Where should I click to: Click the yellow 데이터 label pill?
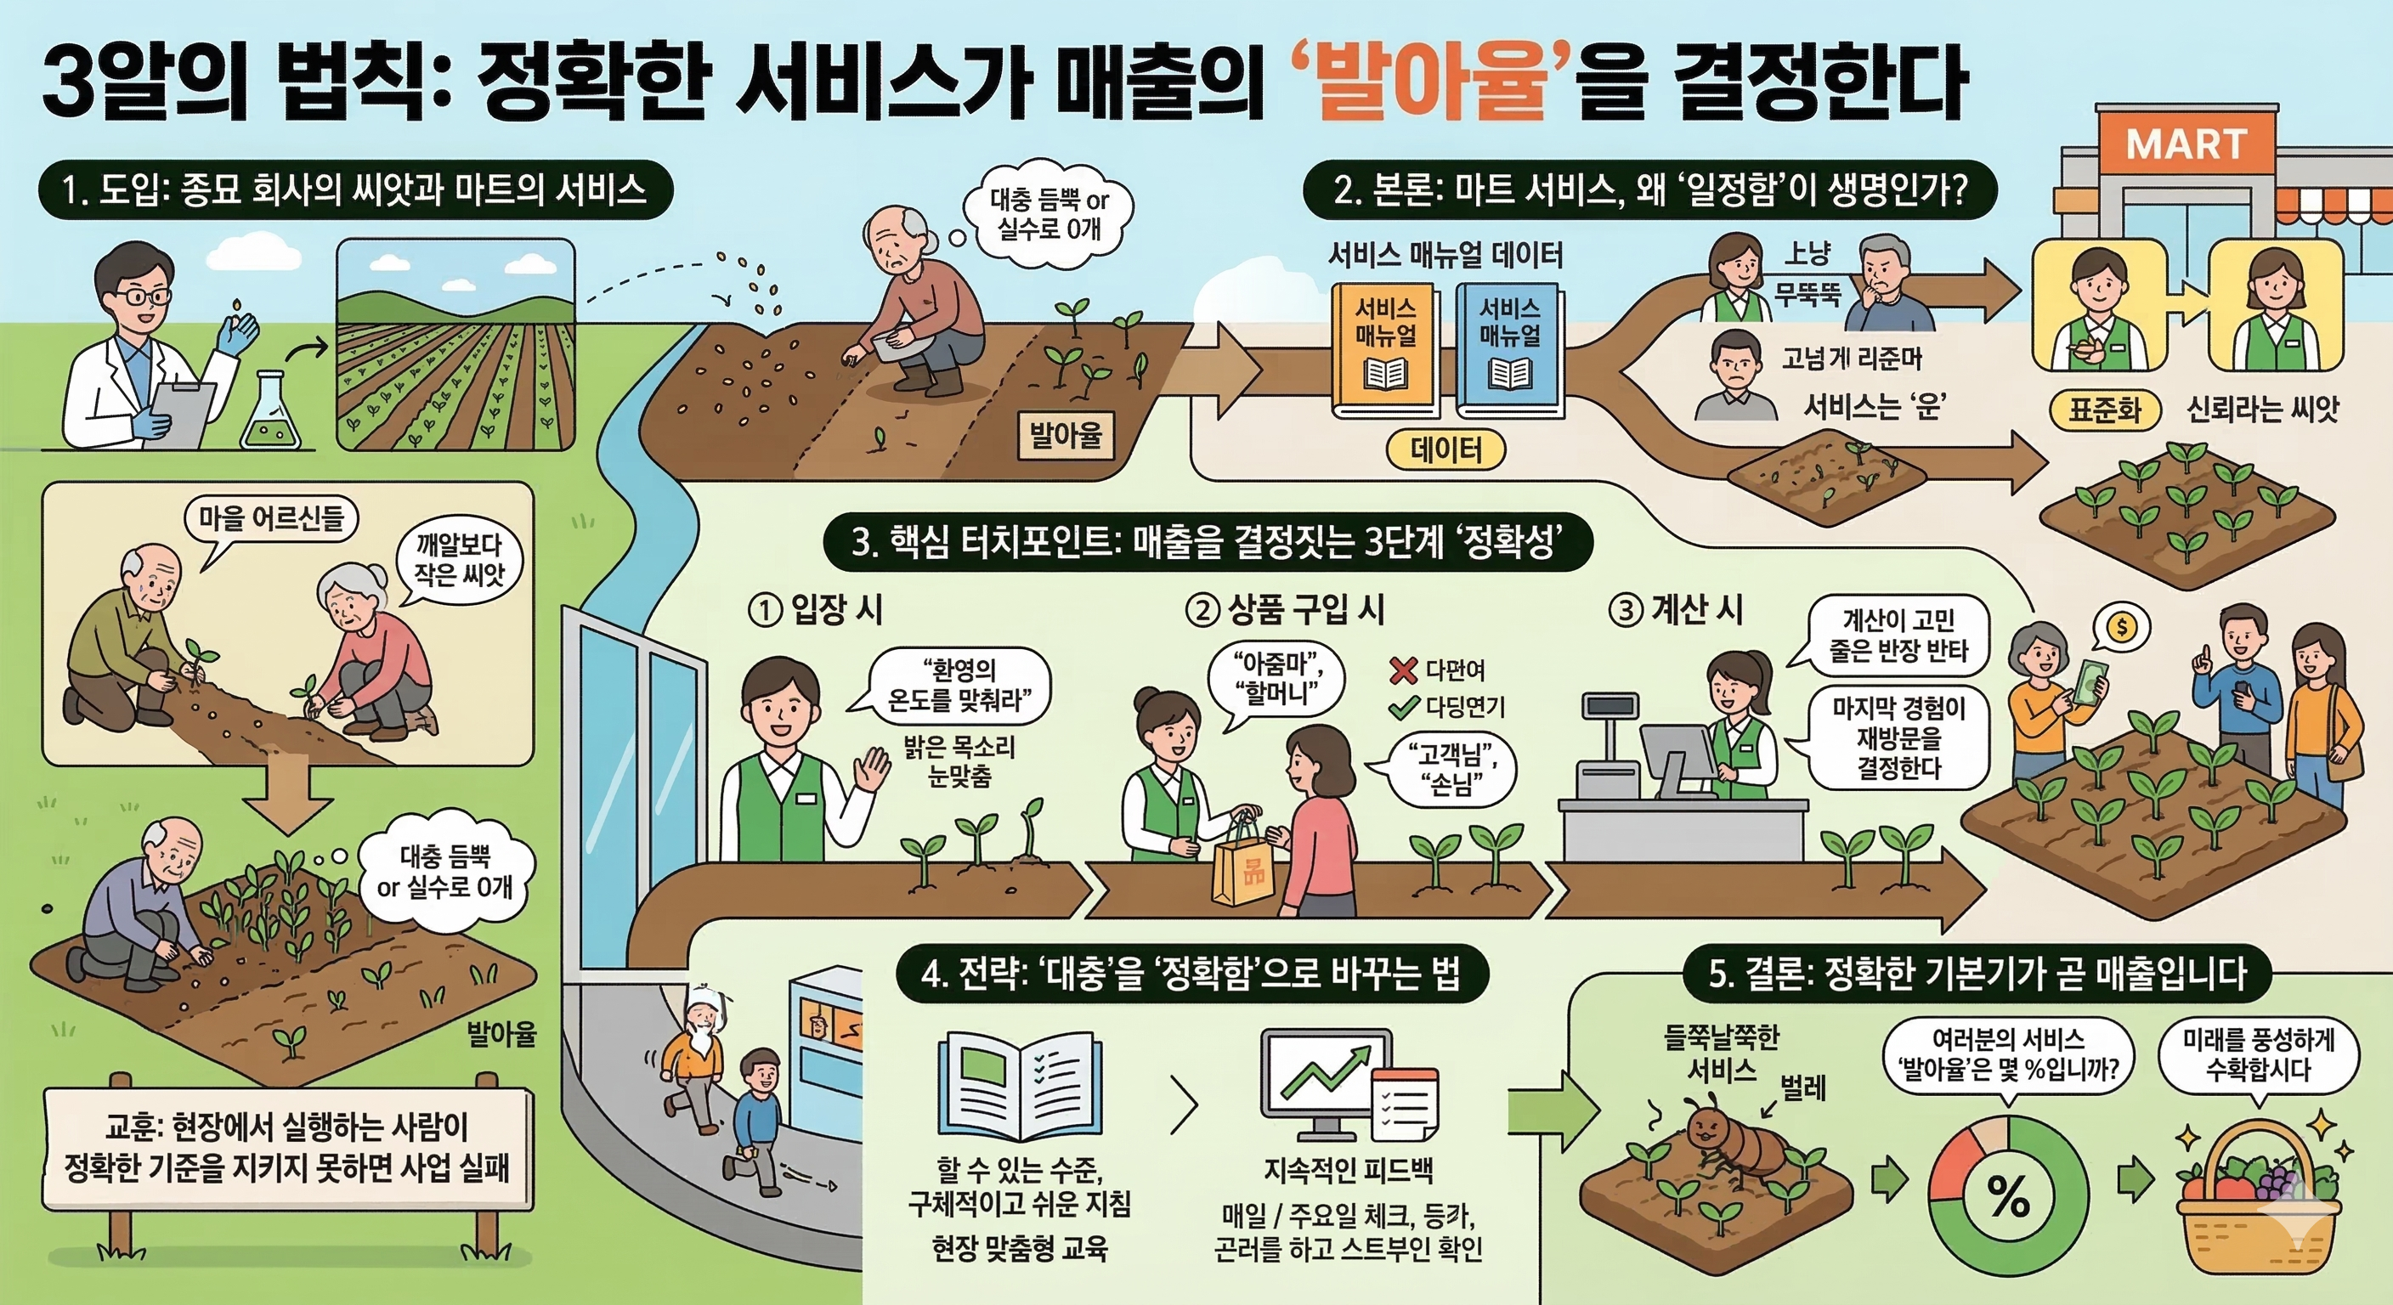coord(1445,450)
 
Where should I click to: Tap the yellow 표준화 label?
coord(2104,410)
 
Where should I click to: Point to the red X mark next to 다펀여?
coord(1404,669)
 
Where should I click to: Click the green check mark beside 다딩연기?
coord(1404,708)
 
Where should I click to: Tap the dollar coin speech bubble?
coord(2122,627)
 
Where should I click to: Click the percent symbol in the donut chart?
coord(2008,1197)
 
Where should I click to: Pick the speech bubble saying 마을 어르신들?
coord(271,517)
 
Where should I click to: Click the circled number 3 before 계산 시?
coord(1626,611)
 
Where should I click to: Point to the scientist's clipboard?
coord(182,410)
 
